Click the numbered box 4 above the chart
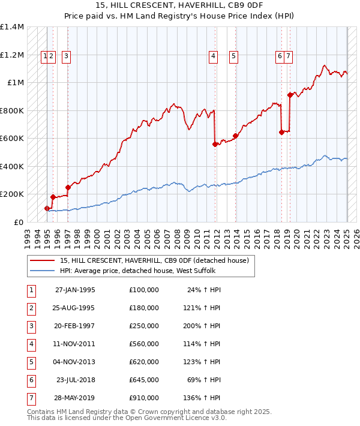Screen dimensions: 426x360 (213, 57)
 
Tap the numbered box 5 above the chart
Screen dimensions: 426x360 (233, 57)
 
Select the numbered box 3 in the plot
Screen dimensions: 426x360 (65, 57)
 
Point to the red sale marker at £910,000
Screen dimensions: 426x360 (290, 95)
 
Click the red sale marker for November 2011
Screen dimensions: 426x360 (215, 144)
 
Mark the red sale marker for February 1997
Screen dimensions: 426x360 (68, 187)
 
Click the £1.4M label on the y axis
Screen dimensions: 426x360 (12, 27)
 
